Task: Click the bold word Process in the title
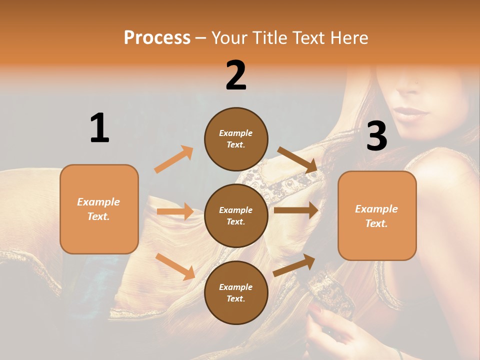(157, 37)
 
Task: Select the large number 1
(99, 128)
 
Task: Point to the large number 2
(236, 75)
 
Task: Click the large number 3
(376, 136)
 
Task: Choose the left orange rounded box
(99, 209)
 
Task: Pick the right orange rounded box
(377, 215)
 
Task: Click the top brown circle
(236, 139)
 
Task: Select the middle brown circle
(236, 215)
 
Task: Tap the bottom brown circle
(236, 292)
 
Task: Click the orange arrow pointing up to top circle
(174, 159)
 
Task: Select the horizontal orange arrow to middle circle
(175, 211)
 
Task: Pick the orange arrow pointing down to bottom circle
(175, 266)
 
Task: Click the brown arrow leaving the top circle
(297, 159)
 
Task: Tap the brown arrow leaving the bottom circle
(294, 265)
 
